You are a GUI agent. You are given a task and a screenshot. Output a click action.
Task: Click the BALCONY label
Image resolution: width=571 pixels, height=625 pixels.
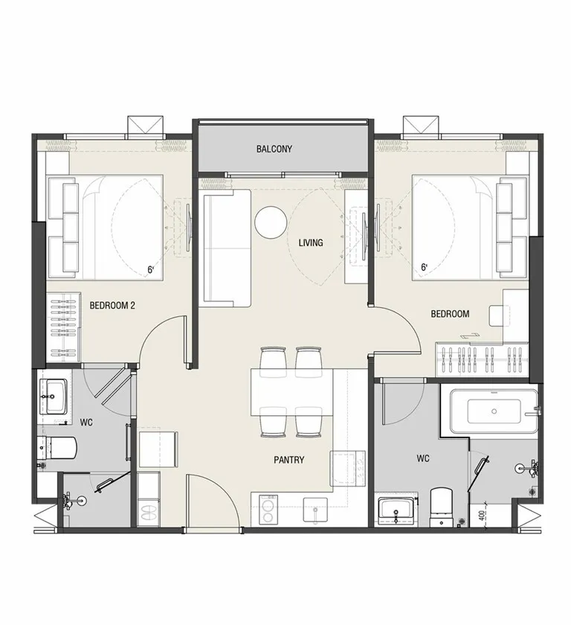274,149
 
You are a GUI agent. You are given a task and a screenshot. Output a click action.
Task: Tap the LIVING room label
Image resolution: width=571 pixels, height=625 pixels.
311,243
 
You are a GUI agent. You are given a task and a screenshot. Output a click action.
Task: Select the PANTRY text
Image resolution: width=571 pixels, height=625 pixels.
288,460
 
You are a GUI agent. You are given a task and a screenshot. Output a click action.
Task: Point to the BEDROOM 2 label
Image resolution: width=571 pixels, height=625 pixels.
112,306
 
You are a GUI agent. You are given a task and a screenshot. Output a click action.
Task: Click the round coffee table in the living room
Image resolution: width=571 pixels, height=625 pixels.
271,222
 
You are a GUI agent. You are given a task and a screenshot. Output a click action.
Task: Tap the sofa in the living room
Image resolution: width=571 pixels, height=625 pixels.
227,248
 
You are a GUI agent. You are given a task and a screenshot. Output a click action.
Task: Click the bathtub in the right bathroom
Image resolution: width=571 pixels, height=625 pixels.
494,411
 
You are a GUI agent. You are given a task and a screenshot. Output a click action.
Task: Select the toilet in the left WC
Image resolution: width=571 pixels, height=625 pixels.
58,448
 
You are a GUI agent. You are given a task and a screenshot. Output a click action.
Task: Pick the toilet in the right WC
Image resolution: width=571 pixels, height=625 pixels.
442,507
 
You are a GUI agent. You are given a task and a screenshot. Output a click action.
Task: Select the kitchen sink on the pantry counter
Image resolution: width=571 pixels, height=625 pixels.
315,510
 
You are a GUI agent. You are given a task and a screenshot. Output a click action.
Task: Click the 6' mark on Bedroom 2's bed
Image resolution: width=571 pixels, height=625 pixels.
150,270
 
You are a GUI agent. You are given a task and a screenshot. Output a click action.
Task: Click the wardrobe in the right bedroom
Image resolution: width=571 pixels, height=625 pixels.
482,359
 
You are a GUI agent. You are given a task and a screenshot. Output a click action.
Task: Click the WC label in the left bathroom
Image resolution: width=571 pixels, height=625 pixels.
86,423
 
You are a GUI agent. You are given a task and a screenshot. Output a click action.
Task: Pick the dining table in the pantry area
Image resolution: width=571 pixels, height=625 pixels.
291,393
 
